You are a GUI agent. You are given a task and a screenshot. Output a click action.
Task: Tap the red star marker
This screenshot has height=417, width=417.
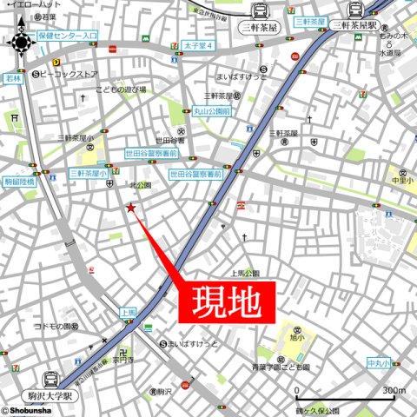pyautogui.click(x=131, y=208)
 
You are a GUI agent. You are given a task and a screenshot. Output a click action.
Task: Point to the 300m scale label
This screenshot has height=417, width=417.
pyautogui.click(x=394, y=390)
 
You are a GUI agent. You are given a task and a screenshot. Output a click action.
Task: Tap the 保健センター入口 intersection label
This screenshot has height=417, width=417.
pyautogui.click(x=68, y=36)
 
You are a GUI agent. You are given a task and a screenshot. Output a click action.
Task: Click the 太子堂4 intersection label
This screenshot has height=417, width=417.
pyautogui.click(x=198, y=44)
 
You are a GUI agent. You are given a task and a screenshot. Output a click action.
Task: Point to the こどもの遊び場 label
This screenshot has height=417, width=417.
pyautogui.click(x=122, y=89)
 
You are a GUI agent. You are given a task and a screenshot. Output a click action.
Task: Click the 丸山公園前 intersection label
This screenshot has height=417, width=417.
pyautogui.click(x=211, y=112)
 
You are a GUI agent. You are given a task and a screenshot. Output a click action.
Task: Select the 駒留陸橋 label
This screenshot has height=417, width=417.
pyautogui.click(x=19, y=182)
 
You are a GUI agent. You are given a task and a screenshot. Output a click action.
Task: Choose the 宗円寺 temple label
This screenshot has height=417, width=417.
pyautogui.click(x=122, y=358)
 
